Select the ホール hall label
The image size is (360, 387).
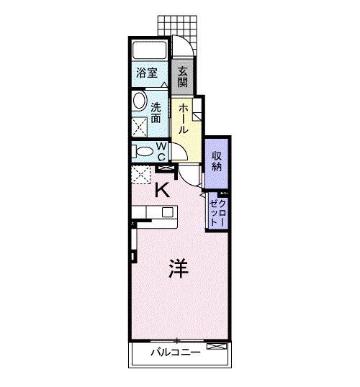pos(184,118)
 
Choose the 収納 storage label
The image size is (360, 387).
pos(217,160)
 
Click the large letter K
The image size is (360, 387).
pos(163,191)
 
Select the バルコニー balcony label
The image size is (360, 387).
pos(171,352)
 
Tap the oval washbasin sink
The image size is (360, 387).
pos(139,100)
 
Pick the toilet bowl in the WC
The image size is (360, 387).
pos(138,151)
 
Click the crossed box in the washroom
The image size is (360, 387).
pos(138,125)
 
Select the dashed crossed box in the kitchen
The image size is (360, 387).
pos(141,175)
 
